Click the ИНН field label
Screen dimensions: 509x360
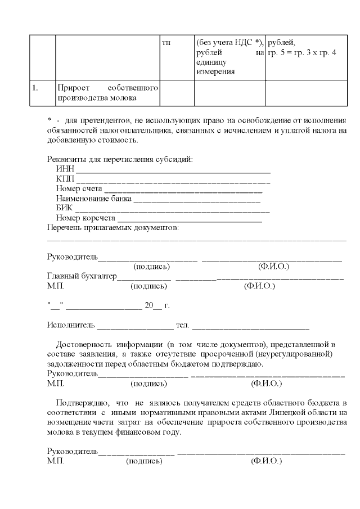click(x=65, y=169)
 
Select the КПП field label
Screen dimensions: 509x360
click(x=65, y=179)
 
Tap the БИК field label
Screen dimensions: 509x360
click(x=65, y=208)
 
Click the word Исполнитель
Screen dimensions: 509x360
click(x=71, y=325)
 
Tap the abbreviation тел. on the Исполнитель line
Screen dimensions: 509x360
click(x=182, y=325)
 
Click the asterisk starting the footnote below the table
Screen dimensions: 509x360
click(x=49, y=120)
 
